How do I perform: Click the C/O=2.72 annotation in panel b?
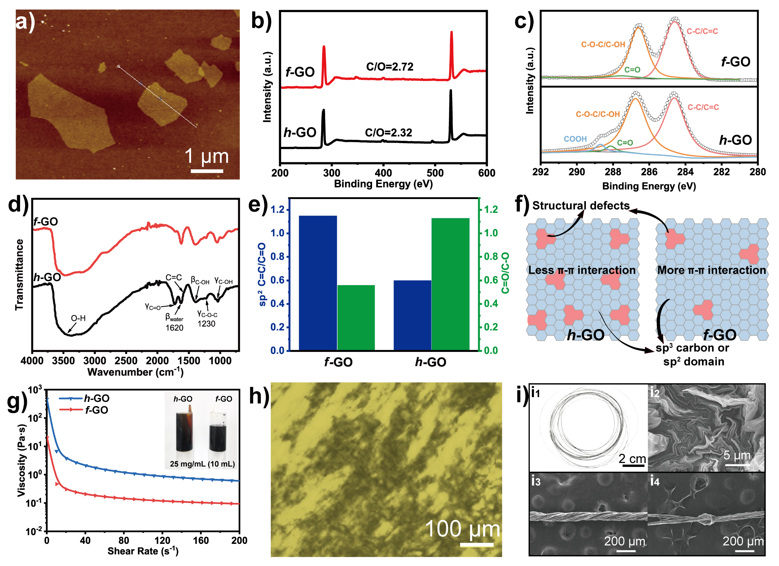click(389, 67)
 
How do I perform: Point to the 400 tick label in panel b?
click(383, 173)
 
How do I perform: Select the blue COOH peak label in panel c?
click(575, 139)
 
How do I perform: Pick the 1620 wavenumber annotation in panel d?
click(174, 328)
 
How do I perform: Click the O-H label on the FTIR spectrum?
click(78, 318)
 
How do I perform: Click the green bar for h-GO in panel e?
click(450, 284)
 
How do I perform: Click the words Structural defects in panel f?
click(581, 206)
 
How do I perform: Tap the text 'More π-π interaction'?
click(711, 270)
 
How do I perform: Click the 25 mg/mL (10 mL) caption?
click(202, 464)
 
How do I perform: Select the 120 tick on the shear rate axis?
click(162, 540)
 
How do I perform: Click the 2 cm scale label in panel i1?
click(632, 459)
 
